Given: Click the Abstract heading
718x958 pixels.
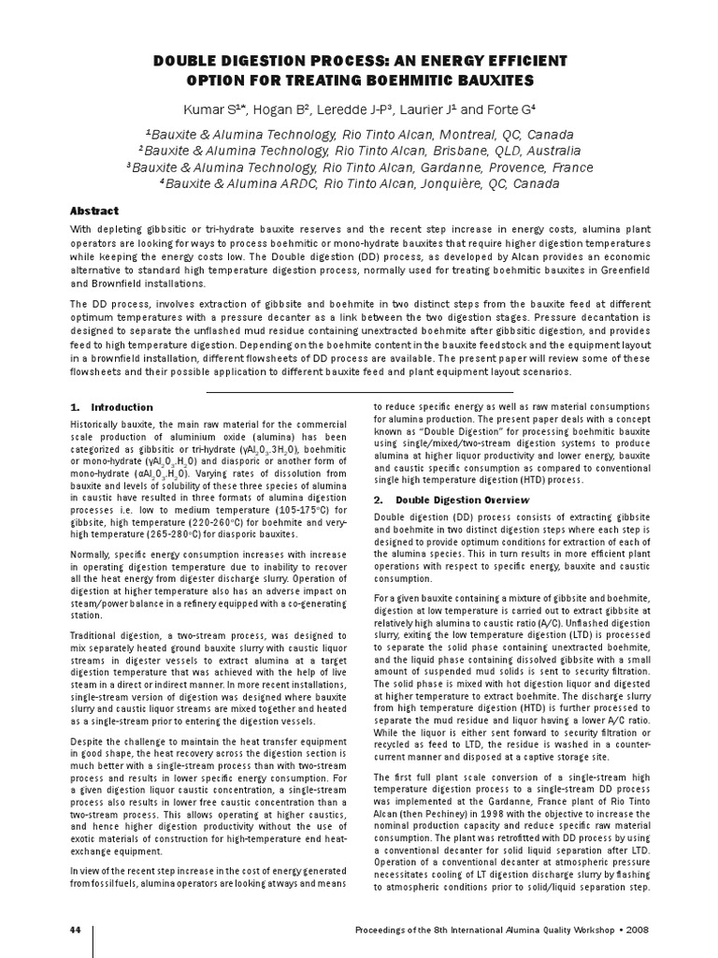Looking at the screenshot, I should [x=94, y=210].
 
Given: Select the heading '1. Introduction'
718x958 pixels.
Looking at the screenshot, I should [x=112, y=408].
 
